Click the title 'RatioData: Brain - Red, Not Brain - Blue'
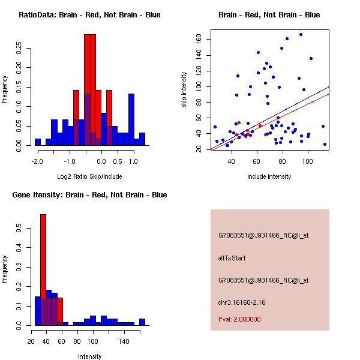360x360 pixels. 89,15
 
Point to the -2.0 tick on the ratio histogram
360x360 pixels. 37,161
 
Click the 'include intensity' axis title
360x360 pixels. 269,176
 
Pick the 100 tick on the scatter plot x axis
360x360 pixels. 307,161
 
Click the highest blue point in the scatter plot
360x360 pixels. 301,35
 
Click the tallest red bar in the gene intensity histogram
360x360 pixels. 43,269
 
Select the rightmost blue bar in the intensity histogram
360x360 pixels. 142,322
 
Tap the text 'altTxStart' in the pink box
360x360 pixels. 232,258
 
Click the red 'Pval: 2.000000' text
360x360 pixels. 239,319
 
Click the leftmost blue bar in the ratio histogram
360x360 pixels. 38,142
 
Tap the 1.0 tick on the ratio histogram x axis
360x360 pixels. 133,161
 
